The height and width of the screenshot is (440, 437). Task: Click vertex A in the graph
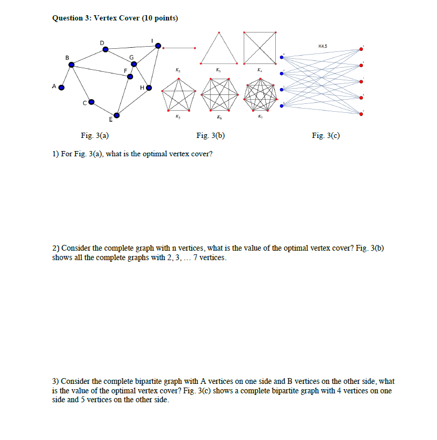pos(61,88)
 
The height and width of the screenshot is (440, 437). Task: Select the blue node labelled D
pos(106,49)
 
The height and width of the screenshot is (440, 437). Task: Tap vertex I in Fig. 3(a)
pos(159,46)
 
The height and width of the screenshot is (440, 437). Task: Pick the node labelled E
pos(117,115)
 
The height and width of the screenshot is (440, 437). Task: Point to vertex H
pos(149,88)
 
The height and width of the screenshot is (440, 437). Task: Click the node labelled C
pos(91,102)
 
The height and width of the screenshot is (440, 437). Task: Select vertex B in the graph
pos(72,65)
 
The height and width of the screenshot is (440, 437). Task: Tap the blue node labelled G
pos(134,65)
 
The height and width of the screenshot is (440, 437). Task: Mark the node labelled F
pos(130,76)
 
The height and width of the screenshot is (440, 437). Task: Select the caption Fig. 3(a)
pos(95,136)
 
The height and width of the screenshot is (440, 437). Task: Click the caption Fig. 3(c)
pos(326,136)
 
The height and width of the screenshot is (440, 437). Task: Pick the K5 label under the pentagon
pos(179,117)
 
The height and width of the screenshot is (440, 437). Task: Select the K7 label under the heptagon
pos(260,117)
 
